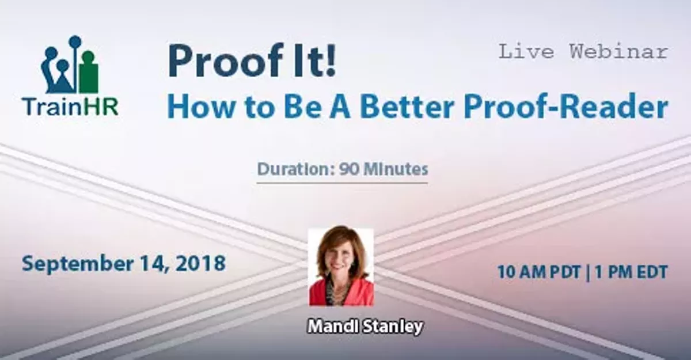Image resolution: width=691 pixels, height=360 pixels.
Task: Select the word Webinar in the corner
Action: [619, 51]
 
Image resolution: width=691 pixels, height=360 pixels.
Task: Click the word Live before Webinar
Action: [526, 51]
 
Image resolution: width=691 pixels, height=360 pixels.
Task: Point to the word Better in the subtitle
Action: [407, 107]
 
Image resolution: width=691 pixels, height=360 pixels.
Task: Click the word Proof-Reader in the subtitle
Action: [566, 107]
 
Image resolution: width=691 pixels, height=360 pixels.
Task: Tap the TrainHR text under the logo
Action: [70, 107]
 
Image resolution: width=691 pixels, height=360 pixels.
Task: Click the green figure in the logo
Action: [89, 73]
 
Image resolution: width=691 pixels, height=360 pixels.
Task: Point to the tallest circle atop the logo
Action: [75, 41]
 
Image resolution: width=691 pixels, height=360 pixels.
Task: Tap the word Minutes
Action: [396, 169]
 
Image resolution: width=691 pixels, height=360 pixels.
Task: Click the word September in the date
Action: [78, 264]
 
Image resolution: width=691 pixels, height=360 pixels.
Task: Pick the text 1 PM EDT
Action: [631, 272]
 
